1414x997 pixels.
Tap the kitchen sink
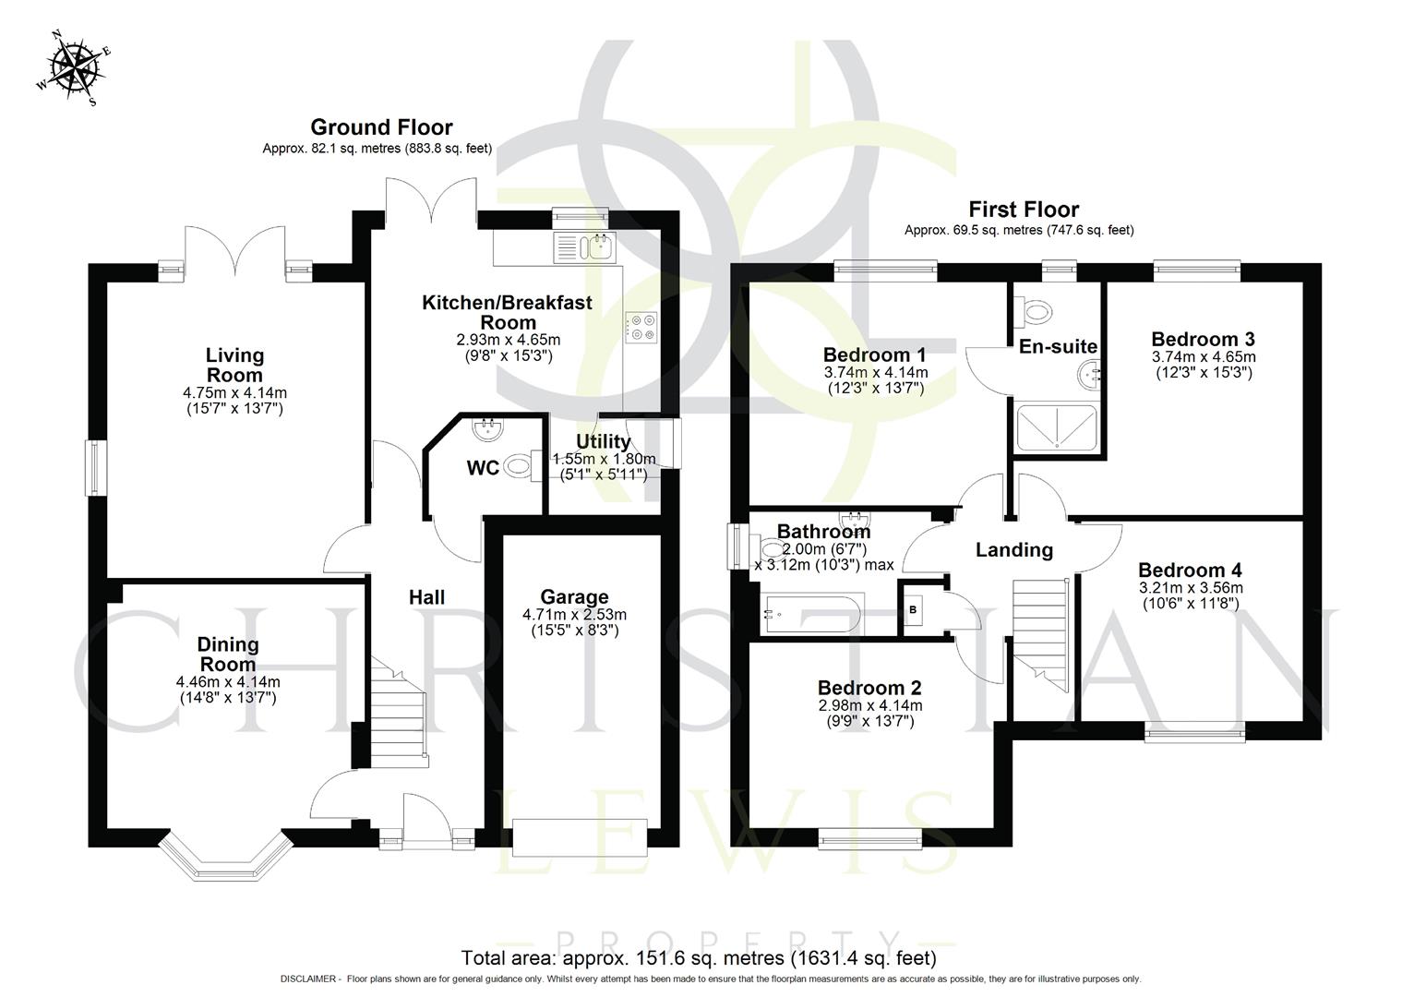(x=584, y=247)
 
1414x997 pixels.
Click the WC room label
(x=482, y=468)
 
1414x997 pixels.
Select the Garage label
(x=574, y=597)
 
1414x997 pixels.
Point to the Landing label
(x=1014, y=550)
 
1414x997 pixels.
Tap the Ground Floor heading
(x=381, y=127)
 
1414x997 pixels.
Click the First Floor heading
(x=1023, y=210)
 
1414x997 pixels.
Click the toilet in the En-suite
(x=1033, y=312)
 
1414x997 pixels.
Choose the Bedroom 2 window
(x=869, y=837)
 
